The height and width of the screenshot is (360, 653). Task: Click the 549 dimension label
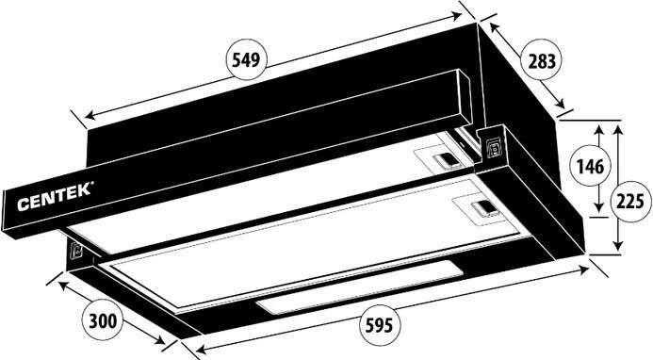point(246,60)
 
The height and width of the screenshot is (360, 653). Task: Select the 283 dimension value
point(542,61)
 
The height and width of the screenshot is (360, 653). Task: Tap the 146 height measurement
point(590,167)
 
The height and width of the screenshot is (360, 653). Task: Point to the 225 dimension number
point(630,202)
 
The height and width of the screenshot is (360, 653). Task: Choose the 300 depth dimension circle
point(104,321)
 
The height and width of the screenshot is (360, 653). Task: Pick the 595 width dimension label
point(379,325)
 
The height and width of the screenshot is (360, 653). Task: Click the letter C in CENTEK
point(23,205)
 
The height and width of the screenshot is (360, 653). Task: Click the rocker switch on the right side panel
point(494,148)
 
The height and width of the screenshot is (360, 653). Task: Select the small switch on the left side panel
point(75,250)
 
